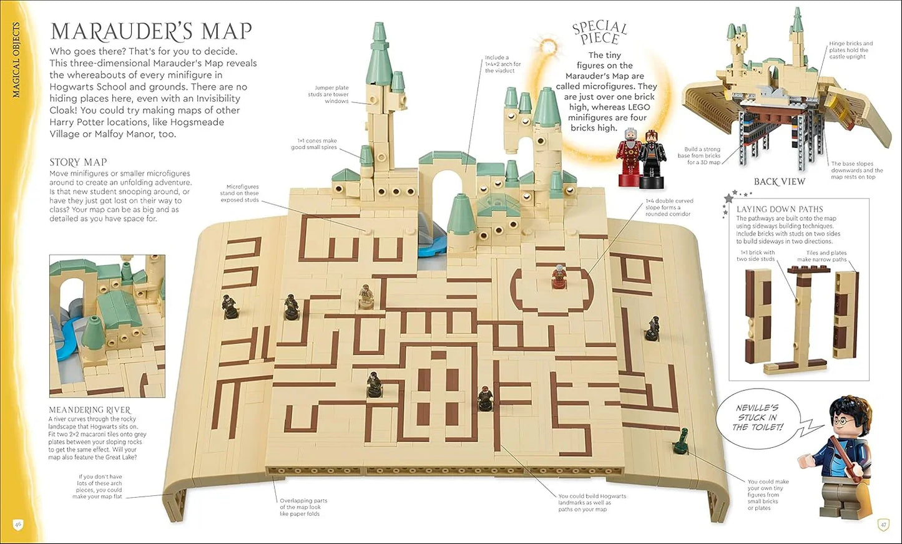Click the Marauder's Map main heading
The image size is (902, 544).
(151, 31)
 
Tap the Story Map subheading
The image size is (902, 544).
(78, 162)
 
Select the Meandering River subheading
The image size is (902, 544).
(90, 410)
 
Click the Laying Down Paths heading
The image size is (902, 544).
(779, 209)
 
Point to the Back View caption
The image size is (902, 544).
(779, 182)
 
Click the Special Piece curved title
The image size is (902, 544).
(599, 32)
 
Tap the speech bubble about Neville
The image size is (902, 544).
(757, 417)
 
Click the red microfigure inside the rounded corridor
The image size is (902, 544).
(558, 277)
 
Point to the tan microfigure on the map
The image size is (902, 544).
(365, 296)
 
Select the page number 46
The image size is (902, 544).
(18, 524)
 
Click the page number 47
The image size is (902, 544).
(883, 525)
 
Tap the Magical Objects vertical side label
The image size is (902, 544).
(16, 60)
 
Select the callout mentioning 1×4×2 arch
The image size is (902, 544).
(502, 64)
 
